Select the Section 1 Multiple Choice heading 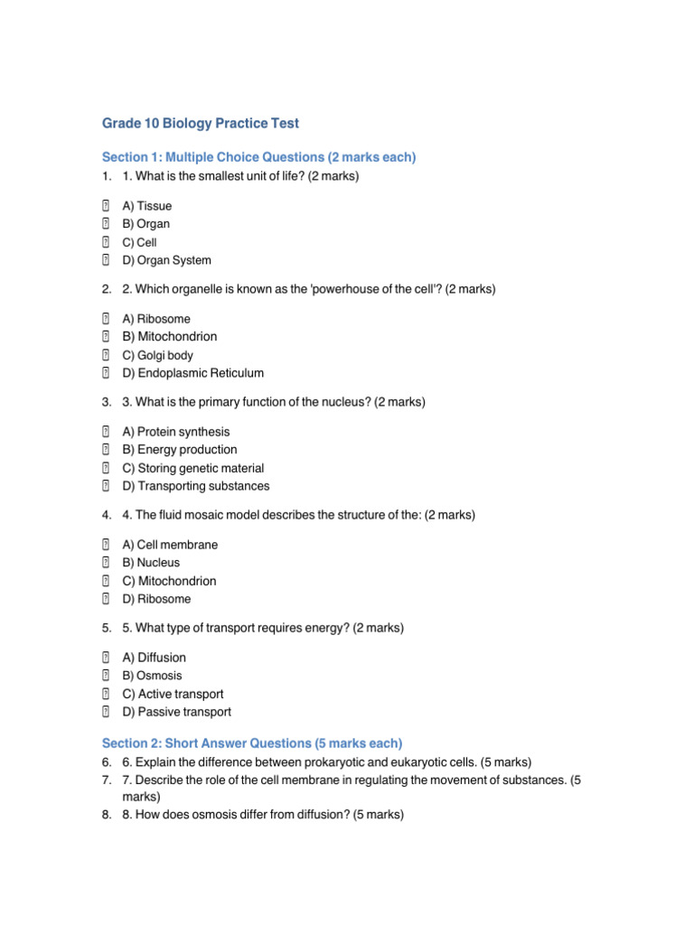click(x=258, y=157)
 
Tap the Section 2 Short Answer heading click(x=252, y=743)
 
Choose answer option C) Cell click(x=139, y=242)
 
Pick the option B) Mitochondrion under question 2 click(x=169, y=337)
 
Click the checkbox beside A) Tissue click(x=106, y=206)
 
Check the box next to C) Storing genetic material click(x=106, y=468)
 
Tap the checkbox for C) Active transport click(x=106, y=694)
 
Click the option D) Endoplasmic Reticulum click(x=192, y=373)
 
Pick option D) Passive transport click(x=176, y=712)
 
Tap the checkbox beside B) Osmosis click(x=106, y=676)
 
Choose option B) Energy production click(x=179, y=450)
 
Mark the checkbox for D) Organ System click(x=106, y=260)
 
